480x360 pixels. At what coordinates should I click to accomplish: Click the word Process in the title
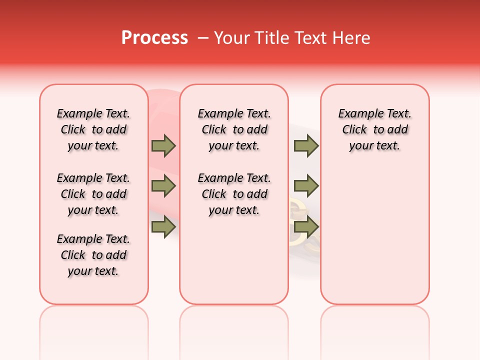[154, 38]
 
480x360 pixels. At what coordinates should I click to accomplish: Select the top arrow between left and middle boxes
[163, 146]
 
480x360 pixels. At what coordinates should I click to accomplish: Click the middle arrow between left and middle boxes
[163, 186]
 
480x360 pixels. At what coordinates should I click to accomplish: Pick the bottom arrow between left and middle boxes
[163, 227]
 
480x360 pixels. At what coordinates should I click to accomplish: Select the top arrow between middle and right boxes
[306, 146]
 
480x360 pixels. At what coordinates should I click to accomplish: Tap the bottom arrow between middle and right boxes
[306, 227]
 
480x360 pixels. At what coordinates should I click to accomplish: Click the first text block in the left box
[93, 129]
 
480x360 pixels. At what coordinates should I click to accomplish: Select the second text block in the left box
[93, 194]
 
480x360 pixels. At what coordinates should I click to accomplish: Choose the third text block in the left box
[93, 255]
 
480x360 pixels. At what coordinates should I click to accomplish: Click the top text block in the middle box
[234, 129]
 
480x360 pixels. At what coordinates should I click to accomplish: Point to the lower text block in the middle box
[234, 194]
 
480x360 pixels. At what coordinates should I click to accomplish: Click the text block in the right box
[374, 129]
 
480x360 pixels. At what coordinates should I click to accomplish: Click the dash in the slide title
[203, 38]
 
